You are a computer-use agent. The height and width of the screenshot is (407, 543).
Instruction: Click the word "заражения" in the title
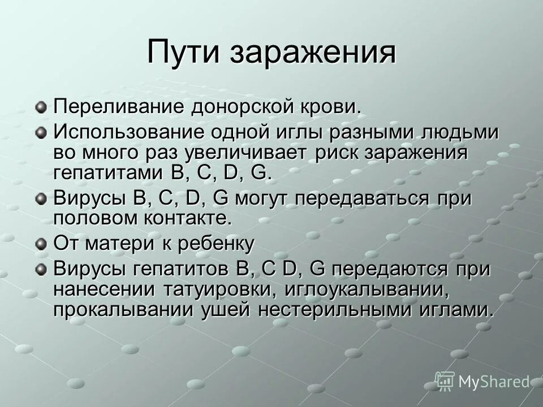pyautogui.click(x=313, y=53)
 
